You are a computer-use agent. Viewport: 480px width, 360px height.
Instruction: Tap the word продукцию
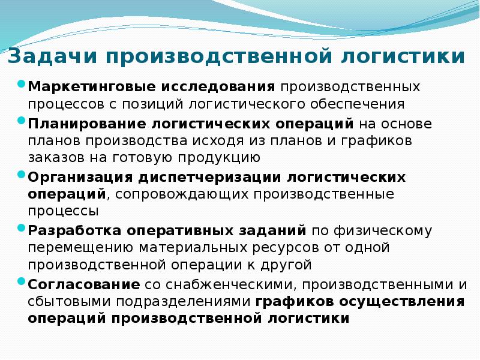(218, 158)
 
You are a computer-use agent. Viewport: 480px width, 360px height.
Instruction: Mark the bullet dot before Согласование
(21, 281)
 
